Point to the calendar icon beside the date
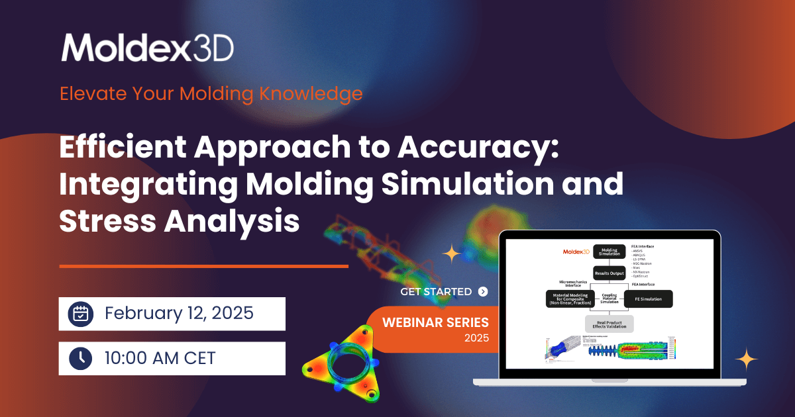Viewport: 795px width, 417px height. coord(80,313)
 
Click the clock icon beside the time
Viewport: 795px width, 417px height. coord(80,358)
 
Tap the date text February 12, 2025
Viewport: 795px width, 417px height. coord(179,313)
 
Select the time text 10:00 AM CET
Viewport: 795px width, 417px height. coord(160,358)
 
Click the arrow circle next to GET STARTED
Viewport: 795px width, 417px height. coord(482,291)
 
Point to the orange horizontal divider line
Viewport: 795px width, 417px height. coord(203,266)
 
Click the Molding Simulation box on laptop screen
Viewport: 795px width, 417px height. coord(609,251)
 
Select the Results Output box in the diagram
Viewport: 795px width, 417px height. coord(609,273)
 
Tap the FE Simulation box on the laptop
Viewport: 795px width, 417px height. coord(648,299)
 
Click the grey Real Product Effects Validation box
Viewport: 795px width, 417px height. coord(609,324)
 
